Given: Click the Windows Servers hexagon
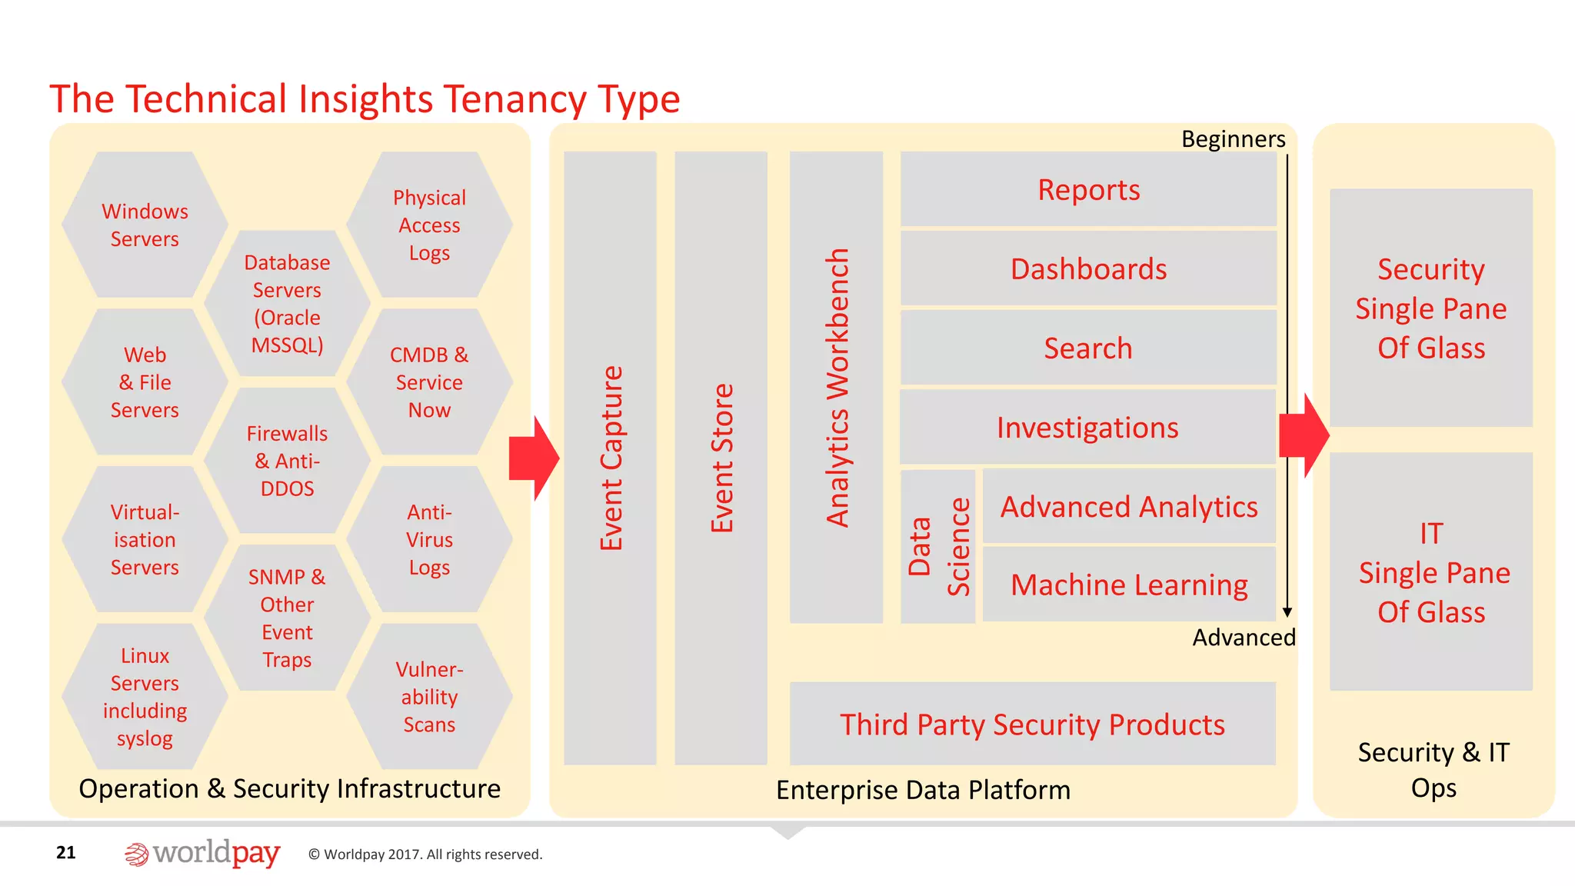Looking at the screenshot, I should point(145,225).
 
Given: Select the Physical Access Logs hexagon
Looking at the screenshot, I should point(429,225).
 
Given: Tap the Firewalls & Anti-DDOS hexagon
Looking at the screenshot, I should point(287,460).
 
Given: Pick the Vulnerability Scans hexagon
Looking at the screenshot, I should point(429,696).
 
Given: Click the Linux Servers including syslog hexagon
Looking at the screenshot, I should point(145,696).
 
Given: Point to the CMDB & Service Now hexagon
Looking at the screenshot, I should point(429,381).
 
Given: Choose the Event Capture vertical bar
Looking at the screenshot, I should point(610,458).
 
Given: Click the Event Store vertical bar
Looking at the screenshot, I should point(721,458).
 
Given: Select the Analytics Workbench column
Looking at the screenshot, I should point(836,387).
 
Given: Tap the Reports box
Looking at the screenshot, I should point(1088,189).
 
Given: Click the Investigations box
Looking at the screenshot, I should point(1087,427).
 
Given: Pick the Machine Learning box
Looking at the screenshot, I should point(1129,585).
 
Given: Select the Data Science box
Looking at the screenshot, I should point(938,546).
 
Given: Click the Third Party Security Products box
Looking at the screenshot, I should point(1032,724).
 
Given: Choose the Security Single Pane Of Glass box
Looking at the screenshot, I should point(1431,308).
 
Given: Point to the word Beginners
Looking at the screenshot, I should point(1233,139).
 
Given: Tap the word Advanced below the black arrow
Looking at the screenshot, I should point(1244,638).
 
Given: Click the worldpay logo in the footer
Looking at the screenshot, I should point(202,854).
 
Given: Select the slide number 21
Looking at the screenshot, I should point(66,852).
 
